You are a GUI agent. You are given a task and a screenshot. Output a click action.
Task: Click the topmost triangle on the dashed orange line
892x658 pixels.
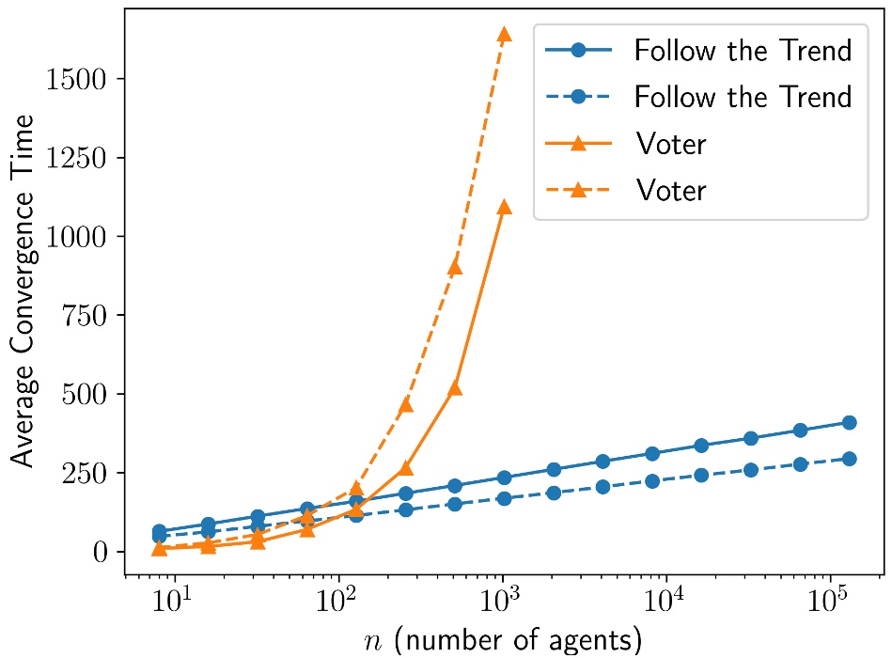pos(504,35)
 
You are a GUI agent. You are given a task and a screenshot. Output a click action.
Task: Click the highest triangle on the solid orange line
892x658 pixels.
pos(504,207)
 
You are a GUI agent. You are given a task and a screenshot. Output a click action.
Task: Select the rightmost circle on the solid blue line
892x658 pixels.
pos(849,423)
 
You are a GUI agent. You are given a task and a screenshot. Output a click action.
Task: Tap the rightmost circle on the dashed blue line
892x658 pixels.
pos(849,459)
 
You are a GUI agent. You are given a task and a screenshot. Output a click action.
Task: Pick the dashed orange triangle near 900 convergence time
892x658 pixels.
pos(455,267)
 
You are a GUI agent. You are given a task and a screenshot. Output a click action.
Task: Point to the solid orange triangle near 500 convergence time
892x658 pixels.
pos(455,387)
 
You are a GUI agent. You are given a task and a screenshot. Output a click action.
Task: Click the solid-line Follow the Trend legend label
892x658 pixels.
pos(743,50)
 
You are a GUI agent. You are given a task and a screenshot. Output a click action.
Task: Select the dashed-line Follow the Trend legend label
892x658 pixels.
pos(743,97)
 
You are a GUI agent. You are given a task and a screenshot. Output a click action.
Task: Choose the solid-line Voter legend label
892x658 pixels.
pos(670,144)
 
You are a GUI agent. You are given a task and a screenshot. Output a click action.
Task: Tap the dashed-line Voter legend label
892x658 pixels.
pos(670,191)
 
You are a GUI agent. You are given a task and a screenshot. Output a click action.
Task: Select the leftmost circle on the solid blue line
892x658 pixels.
pos(159,532)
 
